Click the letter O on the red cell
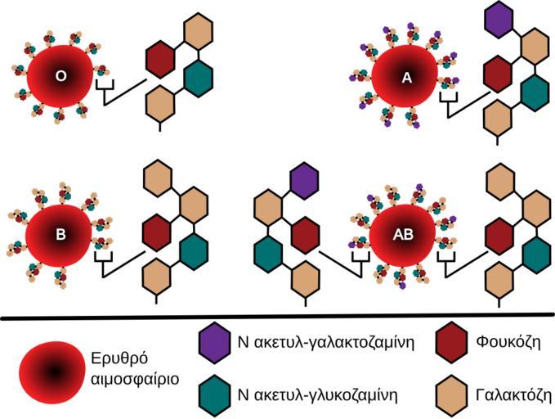pos(59,76)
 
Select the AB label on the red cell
pos(404,234)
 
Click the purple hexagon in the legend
pos(214,343)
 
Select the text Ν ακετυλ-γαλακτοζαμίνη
pos(326,343)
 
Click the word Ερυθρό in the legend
pos(119,362)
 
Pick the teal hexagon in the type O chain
pos(198,76)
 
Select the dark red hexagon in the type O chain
pos(161,58)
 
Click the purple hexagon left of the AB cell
pos(304,181)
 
